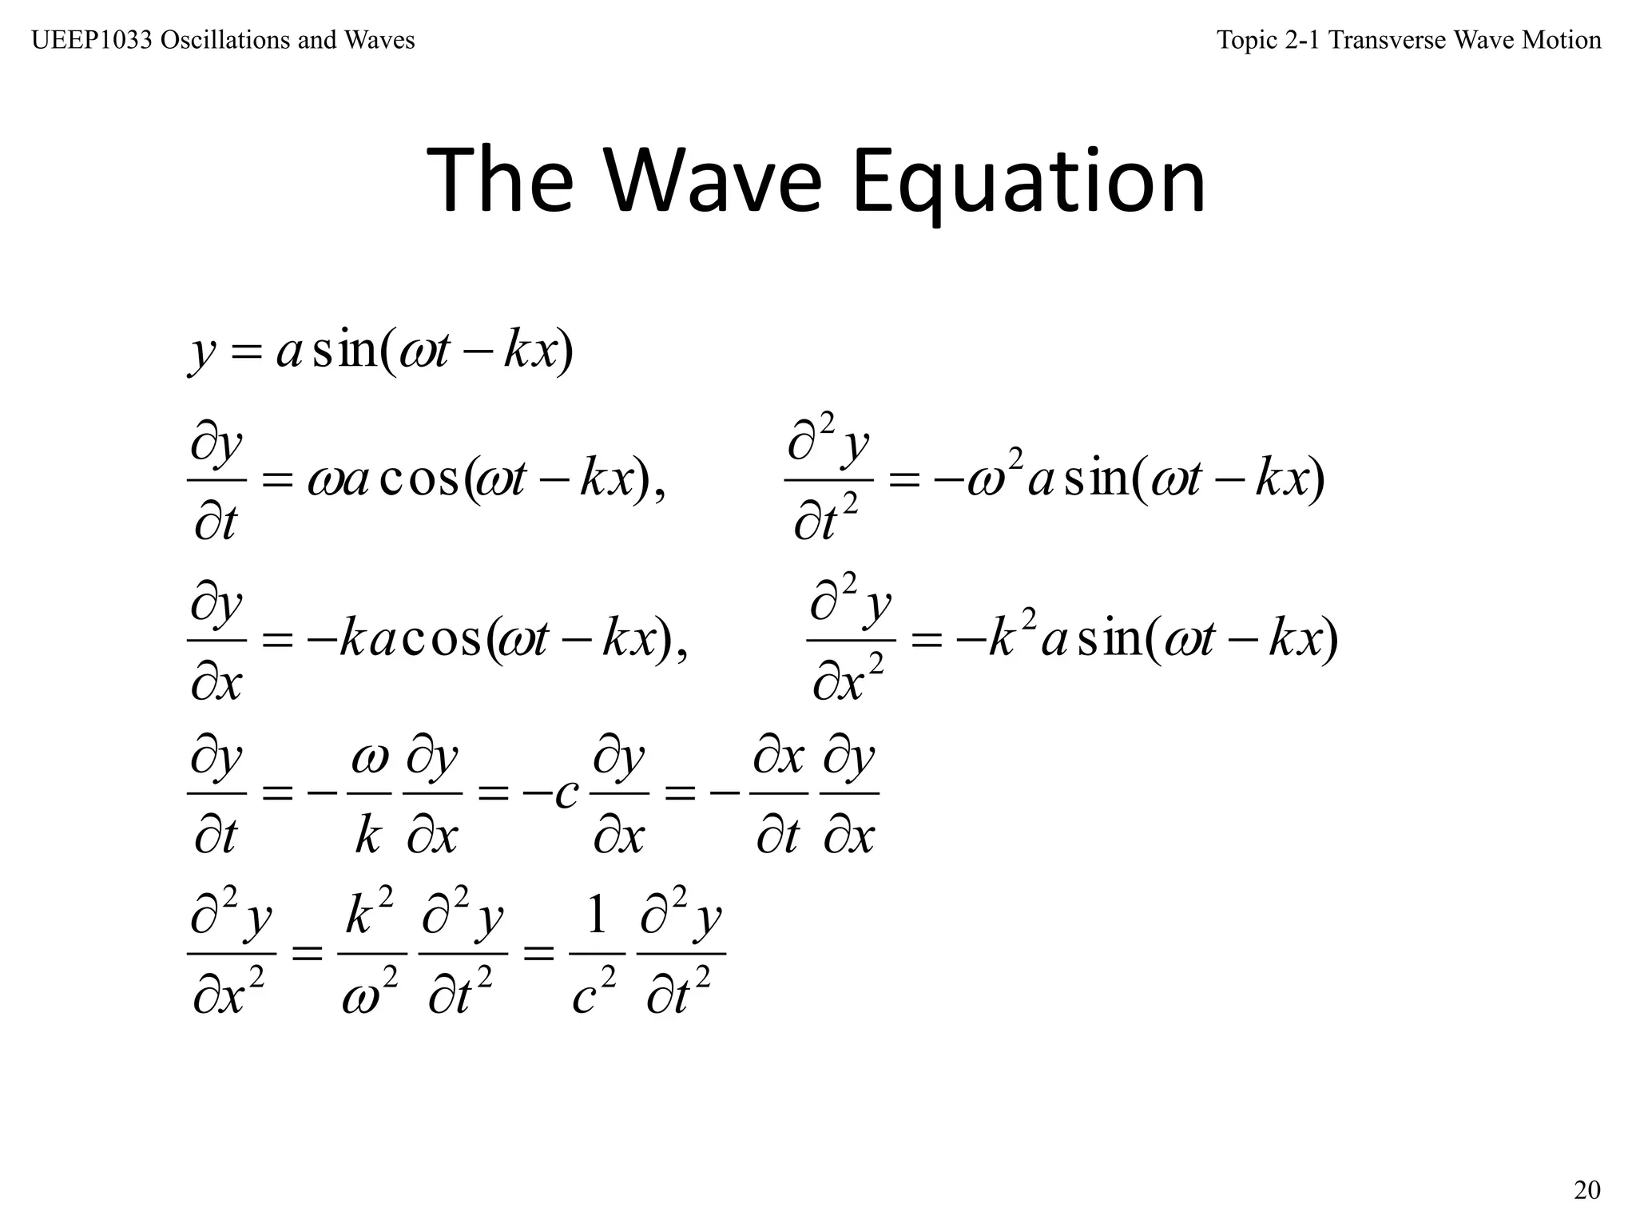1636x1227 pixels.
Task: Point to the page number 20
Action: tap(1586, 1190)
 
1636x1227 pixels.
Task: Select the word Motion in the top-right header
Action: tap(1561, 40)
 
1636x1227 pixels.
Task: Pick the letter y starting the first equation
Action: tap(202, 352)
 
